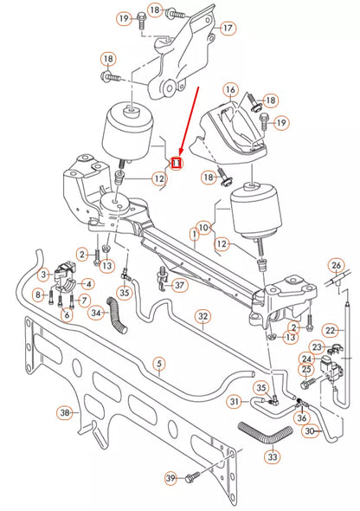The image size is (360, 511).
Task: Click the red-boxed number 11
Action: [x=176, y=163]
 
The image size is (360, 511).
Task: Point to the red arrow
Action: [x=190, y=120]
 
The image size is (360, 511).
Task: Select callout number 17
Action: [x=228, y=28]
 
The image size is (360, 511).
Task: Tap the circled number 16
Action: [x=230, y=89]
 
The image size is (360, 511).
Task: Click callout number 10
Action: [x=203, y=228]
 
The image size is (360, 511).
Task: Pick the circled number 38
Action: [x=65, y=413]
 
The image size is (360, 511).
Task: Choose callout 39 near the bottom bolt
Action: [x=170, y=478]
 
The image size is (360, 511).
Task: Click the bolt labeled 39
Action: [x=192, y=477]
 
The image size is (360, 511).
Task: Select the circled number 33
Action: [x=273, y=456]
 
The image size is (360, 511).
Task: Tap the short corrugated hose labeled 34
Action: [x=118, y=315]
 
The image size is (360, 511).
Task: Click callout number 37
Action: [x=179, y=286]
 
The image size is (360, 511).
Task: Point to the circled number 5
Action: [x=159, y=364]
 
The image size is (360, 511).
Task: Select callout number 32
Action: [x=202, y=316]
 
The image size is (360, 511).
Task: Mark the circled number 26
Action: [x=336, y=266]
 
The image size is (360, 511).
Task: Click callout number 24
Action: [x=306, y=359]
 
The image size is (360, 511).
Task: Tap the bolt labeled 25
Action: [x=307, y=383]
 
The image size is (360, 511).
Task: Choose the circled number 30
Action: [x=310, y=431]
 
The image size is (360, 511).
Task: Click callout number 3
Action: [x=44, y=275]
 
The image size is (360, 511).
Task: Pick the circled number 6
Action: [x=67, y=314]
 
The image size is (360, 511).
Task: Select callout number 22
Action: [x=330, y=331]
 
